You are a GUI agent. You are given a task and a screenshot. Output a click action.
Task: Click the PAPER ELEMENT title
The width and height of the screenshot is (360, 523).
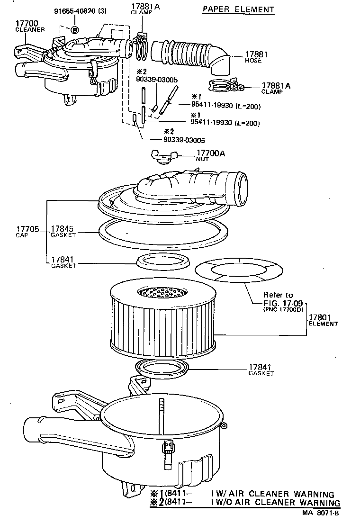(238, 9)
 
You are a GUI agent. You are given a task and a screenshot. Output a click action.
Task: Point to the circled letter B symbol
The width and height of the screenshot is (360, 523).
(75, 30)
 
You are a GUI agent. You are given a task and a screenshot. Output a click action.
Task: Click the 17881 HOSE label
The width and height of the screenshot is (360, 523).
(256, 57)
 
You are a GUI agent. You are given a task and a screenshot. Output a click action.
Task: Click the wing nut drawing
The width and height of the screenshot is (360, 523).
(162, 156)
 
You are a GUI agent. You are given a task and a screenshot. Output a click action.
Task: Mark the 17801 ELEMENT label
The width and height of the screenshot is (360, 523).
(323, 320)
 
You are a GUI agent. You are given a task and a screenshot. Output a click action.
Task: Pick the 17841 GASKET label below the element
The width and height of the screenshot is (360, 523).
(261, 370)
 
